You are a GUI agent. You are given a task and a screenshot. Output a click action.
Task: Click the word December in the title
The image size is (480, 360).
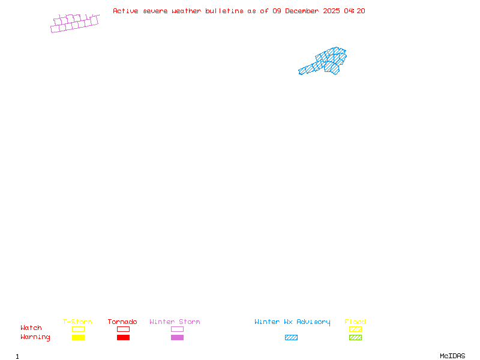point(303,11)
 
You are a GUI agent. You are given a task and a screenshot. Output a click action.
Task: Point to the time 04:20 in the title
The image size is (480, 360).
point(355,11)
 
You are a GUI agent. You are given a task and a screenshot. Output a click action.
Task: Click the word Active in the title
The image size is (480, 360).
point(125,11)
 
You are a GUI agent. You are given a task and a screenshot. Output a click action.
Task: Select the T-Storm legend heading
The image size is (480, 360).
point(77,322)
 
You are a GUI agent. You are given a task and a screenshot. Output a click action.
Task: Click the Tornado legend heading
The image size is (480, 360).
point(122,322)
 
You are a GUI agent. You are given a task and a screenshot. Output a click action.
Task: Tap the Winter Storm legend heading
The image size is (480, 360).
point(175,322)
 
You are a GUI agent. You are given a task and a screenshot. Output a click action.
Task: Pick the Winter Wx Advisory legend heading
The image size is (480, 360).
point(292,322)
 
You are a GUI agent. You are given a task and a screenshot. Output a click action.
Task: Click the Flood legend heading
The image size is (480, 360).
point(355,322)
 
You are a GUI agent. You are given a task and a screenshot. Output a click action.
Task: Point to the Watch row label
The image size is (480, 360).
point(31,328)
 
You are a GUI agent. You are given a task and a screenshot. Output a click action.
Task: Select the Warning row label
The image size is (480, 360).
point(35,337)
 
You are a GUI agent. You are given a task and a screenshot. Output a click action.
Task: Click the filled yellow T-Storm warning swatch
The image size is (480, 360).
point(78,338)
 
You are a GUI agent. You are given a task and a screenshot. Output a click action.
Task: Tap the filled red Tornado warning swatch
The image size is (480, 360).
point(123,338)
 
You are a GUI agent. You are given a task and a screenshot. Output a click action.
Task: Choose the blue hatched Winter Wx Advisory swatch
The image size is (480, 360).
point(291,338)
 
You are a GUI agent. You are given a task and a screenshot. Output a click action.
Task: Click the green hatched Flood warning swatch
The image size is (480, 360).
point(355,338)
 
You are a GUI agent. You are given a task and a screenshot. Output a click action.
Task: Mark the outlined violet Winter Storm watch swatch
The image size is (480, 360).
point(177,329)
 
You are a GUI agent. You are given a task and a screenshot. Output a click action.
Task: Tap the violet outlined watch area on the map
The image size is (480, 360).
point(74,23)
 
